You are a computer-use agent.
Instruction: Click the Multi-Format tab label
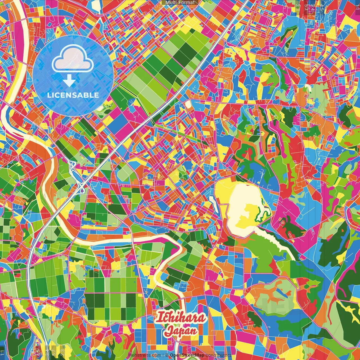point(180,3)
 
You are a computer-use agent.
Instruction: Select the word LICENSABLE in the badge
point(73,95)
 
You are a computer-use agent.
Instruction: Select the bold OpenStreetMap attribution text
point(187,355)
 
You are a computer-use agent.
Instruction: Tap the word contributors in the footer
point(218,355)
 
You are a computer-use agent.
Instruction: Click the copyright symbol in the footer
point(167,355)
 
